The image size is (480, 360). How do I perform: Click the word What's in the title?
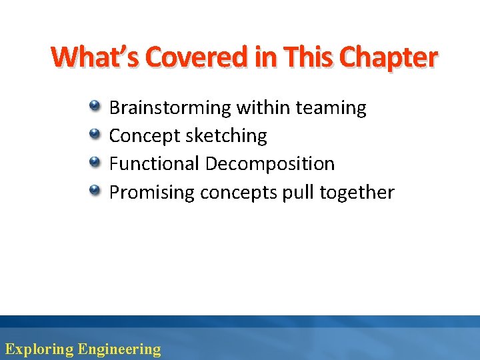95,58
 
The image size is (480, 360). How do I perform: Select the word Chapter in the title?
388,58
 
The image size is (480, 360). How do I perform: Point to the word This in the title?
309,58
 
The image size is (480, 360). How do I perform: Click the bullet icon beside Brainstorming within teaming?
95,106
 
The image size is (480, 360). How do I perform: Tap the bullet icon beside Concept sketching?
95,135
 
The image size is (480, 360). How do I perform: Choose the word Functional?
154,164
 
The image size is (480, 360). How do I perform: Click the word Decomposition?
270,164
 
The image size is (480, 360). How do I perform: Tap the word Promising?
151,193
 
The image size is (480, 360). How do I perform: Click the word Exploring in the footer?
39,349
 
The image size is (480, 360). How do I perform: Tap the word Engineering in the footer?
119,349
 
